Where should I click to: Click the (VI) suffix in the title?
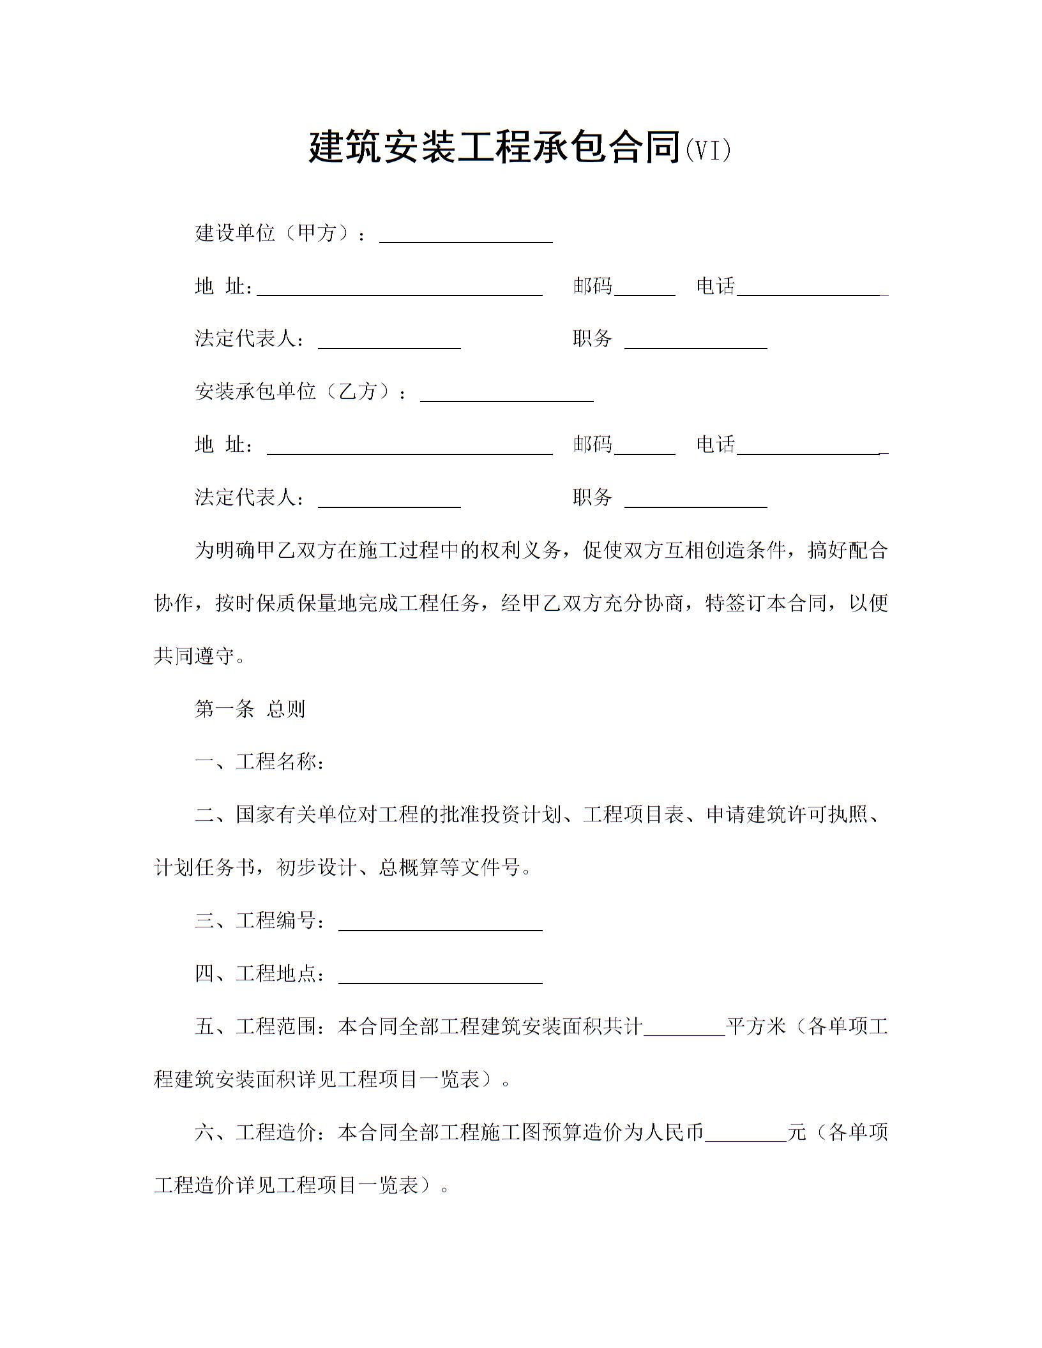(x=707, y=151)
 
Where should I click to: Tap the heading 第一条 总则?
(x=250, y=708)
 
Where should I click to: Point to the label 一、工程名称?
(x=260, y=761)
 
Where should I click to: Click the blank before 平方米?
(x=684, y=1028)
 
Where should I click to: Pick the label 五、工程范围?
(x=260, y=1026)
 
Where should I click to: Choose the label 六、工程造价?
(x=260, y=1132)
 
